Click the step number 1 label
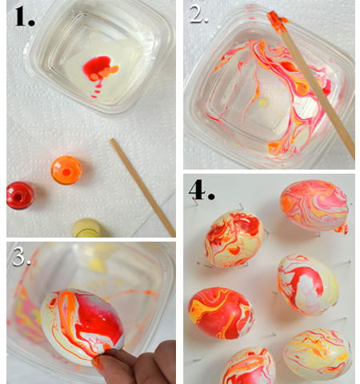[25, 17]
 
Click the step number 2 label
[198, 14]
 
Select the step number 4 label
[202, 190]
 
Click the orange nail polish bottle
[66, 170]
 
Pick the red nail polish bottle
[20, 196]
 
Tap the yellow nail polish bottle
[86, 228]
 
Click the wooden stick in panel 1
[142, 187]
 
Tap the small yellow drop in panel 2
[263, 102]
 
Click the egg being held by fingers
[82, 327]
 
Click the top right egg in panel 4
[314, 205]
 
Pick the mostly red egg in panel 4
[221, 313]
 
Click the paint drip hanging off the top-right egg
[342, 229]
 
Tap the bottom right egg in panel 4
[318, 354]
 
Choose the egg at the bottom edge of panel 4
[247, 366]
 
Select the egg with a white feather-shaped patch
[308, 285]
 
